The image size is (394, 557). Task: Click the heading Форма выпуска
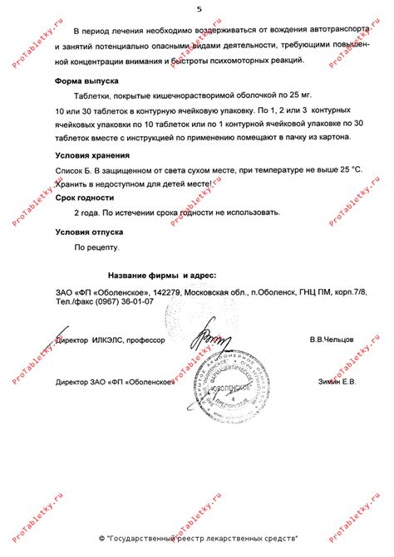click(86, 81)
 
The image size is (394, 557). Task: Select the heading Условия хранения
click(93, 156)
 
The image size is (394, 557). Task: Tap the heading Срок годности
click(86, 198)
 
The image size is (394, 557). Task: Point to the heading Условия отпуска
click(89, 233)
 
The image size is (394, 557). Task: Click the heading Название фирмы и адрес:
click(163, 275)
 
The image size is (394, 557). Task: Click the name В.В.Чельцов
click(332, 340)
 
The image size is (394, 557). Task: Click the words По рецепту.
click(97, 247)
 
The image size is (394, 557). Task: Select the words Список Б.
click(76, 169)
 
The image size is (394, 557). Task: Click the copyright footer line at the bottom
click(198, 538)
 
